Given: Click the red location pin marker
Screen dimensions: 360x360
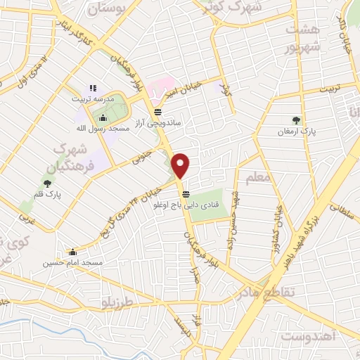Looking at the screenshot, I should click(x=181, y=165).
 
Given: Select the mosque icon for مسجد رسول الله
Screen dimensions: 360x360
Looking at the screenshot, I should click(x=104, y=118).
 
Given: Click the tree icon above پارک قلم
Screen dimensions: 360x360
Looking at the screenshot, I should click(x=47, y=184).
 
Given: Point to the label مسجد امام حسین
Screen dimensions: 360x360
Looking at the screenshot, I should click(x=72, y=262).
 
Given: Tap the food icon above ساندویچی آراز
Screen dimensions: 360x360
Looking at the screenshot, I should click(x=157, y=111).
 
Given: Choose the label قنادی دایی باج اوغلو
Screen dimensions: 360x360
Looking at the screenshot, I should click(x=185, y=206).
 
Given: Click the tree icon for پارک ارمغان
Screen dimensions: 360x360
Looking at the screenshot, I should click(x=296, y=120).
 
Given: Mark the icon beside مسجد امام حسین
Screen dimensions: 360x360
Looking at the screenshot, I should click(x=72, y=251).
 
